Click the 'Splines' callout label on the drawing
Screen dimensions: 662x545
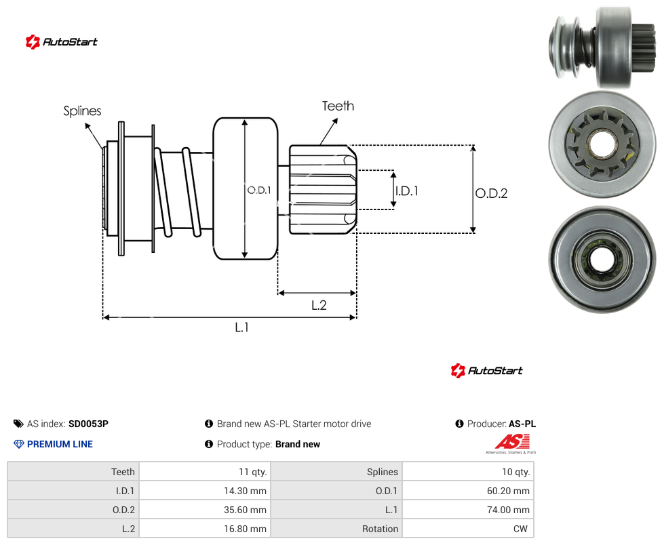82,111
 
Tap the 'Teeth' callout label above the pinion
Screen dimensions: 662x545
338,106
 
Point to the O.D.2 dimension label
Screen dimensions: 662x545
492,193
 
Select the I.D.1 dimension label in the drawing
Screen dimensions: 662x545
406,191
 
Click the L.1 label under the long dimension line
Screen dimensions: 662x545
242,327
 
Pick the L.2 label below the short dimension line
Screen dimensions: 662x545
319,305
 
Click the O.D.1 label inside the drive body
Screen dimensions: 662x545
259,190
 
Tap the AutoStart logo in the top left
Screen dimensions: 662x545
62,42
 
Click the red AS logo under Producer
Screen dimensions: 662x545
511,443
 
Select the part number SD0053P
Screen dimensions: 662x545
88,424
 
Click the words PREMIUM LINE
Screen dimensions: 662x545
60,444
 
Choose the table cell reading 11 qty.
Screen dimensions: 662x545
205,472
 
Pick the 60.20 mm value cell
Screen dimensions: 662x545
468,491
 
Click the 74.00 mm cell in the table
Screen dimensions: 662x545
468,510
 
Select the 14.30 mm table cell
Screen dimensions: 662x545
205,491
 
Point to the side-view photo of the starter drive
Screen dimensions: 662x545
603,47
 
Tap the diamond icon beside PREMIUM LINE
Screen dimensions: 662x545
19,444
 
